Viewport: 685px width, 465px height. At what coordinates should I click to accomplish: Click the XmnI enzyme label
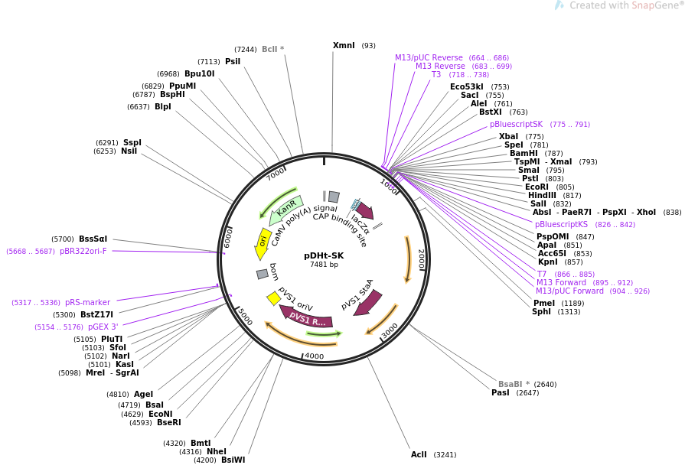[x=344, y=45]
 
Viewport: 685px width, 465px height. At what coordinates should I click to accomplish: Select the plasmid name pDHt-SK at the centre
[x=324, y=255]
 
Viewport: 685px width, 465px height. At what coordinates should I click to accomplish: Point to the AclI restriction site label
[x=419, y=454]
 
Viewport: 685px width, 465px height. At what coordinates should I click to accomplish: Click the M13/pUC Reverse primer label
[x=429, y=57]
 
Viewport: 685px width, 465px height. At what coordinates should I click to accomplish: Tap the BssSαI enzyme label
[x=93, y=239]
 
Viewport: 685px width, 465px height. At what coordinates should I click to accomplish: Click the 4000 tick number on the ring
[x=314, y=356]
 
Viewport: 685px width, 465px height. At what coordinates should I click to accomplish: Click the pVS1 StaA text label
[x=357, y=294]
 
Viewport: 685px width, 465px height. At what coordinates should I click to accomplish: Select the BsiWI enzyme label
[x=233, y=460]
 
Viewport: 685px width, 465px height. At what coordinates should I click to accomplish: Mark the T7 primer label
[x=541, y=274]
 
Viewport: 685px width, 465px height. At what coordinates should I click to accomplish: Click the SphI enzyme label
[x=541, y=311]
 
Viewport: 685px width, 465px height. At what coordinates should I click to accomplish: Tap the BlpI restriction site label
[x=163, y=106]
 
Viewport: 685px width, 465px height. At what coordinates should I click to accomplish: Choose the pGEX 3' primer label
[x=103, y=327]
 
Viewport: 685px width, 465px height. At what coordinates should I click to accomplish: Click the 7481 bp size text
[x=324, y=265]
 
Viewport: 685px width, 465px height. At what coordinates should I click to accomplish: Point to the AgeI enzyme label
[x=143, y=394]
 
